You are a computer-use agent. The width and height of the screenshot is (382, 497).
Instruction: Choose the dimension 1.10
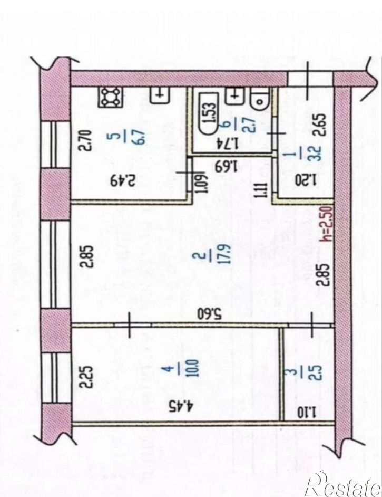click(x=307, y=412)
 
